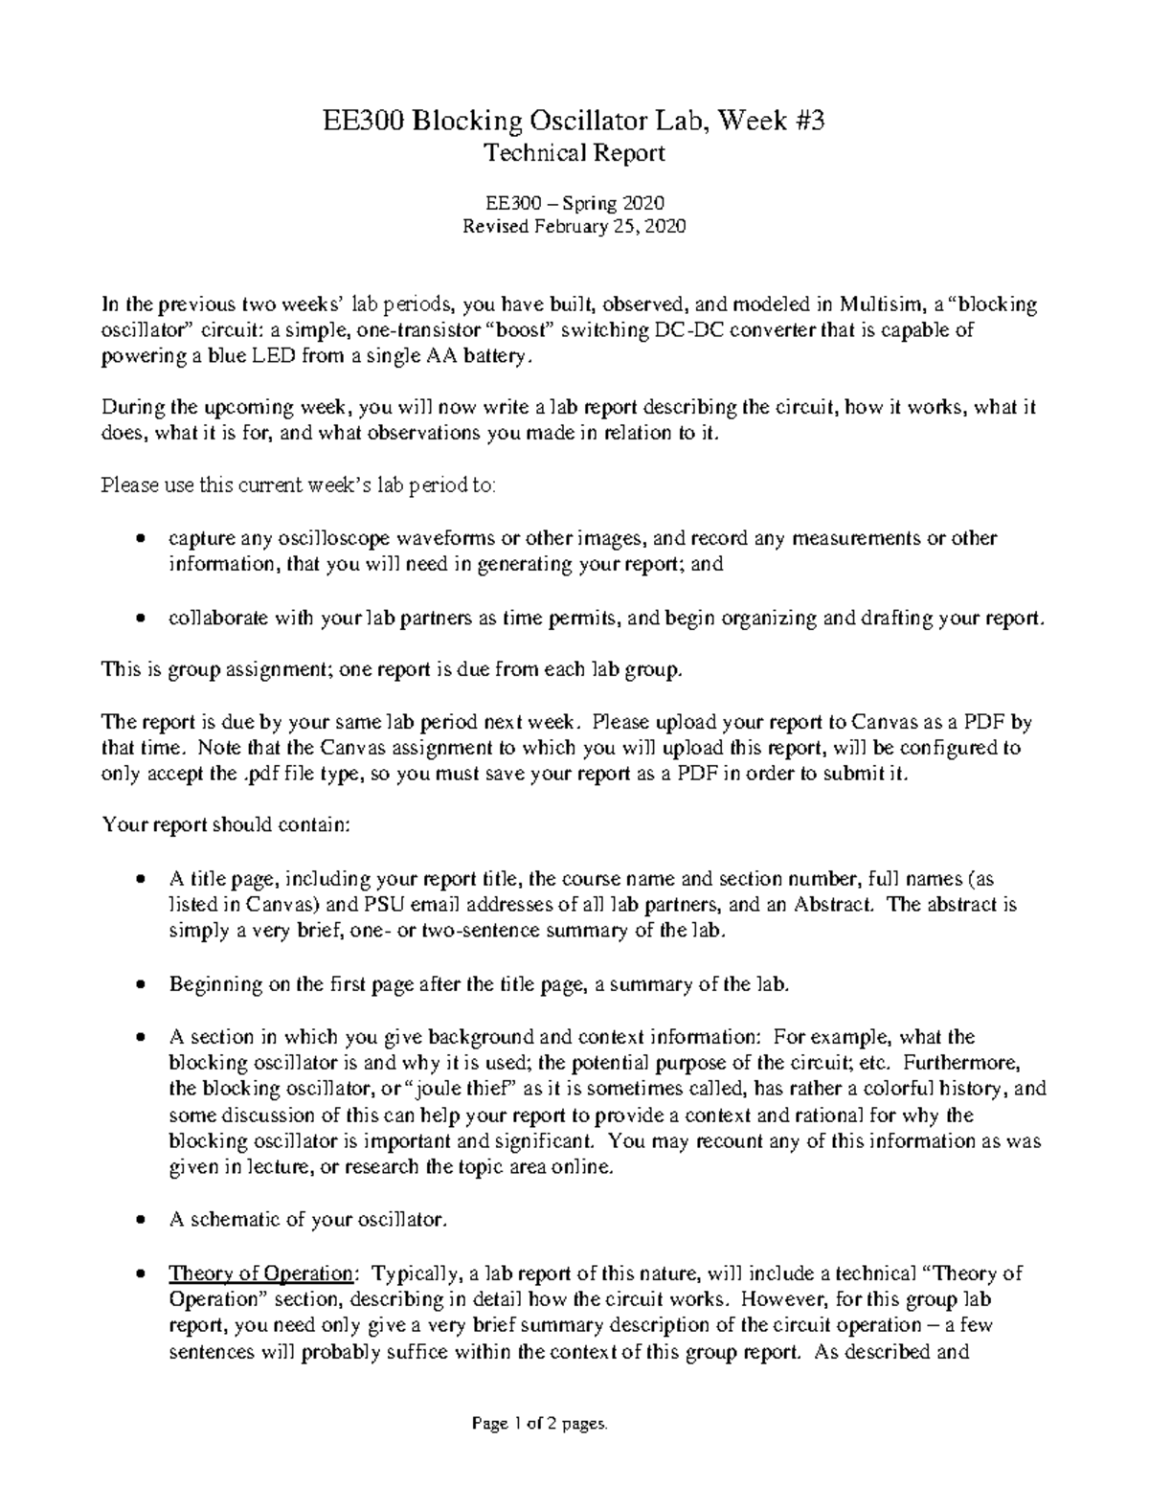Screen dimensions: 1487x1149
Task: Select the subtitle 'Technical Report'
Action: (574, 153)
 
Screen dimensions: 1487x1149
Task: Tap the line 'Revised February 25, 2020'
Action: (574, 227)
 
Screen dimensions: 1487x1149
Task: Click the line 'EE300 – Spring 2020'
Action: (574, 203)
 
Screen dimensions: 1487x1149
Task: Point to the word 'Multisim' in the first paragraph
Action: (878, 305)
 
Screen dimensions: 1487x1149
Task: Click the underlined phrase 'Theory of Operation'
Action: (260, 1273)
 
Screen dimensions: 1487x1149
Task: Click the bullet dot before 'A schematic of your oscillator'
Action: (142, 1222)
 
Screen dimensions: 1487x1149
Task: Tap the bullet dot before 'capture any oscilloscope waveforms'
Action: (142, 539)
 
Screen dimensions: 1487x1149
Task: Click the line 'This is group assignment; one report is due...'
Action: (394, 670)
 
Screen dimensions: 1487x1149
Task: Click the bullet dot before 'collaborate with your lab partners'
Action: (142, 620)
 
